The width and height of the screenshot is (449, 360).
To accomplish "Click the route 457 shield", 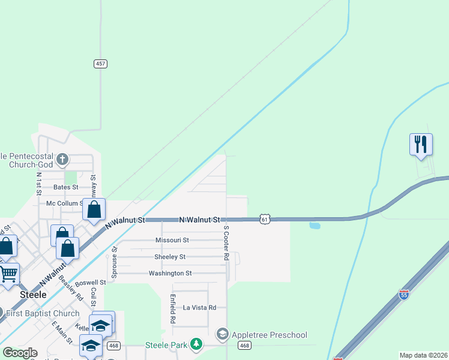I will [100, 64].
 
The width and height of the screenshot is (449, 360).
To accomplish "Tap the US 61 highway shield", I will [265, 220].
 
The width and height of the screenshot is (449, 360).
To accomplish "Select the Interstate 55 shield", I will [404, 295].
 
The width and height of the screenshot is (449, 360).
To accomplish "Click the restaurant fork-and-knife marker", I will [421, 144].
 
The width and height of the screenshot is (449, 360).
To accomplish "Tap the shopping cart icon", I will [8, 274].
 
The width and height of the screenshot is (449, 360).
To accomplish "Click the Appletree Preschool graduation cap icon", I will [223, 334].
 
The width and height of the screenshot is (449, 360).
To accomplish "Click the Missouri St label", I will [172, 240].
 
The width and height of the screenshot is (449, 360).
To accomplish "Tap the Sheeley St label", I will [170, 257].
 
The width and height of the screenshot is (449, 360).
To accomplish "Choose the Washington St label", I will [170, 274].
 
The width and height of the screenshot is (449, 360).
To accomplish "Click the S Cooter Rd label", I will [226, 244].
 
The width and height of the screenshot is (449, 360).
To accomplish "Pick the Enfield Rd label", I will [172, 308].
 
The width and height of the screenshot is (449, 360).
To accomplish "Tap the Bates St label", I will [67, 187].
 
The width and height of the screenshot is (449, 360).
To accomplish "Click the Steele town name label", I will [33, 295].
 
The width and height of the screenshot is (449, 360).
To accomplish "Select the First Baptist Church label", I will [44, 313].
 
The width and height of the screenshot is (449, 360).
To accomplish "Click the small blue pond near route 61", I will [315, 226].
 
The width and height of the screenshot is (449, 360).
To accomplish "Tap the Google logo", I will [20, 353].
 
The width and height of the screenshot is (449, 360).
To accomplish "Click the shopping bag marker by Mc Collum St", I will [94, 209].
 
